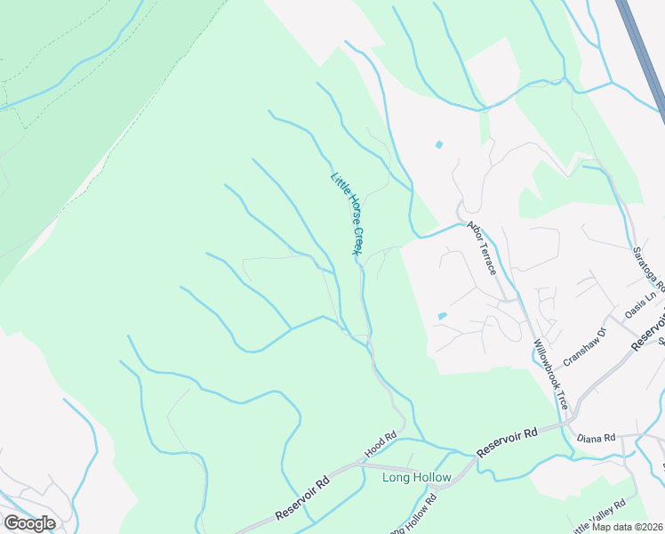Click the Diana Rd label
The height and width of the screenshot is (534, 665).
point(596,438)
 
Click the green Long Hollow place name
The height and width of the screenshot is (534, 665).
point(416,478)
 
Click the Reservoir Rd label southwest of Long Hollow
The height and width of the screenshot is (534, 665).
point(302,498)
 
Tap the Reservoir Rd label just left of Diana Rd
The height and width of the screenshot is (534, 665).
point(507,442)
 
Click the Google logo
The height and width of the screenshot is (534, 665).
point(29,522)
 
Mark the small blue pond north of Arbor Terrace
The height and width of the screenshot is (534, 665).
point(438,144)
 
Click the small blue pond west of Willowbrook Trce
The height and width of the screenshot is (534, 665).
point(442,316)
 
